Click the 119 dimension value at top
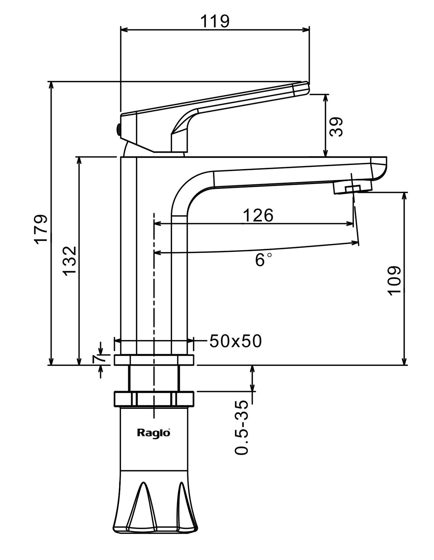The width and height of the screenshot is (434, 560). tap(215, 21)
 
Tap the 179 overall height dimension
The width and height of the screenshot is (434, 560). tap(41, 229)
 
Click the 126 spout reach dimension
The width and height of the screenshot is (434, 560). tap(258, 216)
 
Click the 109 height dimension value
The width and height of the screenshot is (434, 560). tap(394, 280)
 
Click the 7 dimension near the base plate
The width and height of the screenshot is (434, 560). tap(98, 358)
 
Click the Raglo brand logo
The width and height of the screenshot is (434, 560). tap(153, 432)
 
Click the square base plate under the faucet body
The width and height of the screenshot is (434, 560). tap(154, 360)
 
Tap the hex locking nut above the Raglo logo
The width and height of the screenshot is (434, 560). tap(154, 398)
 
